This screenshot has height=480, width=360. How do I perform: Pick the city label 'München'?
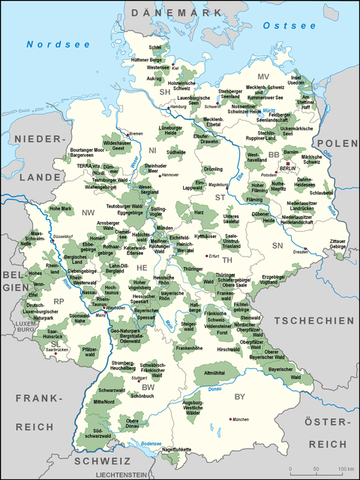240,419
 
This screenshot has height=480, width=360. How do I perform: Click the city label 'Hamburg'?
178,106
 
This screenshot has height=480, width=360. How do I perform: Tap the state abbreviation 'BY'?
239,395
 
